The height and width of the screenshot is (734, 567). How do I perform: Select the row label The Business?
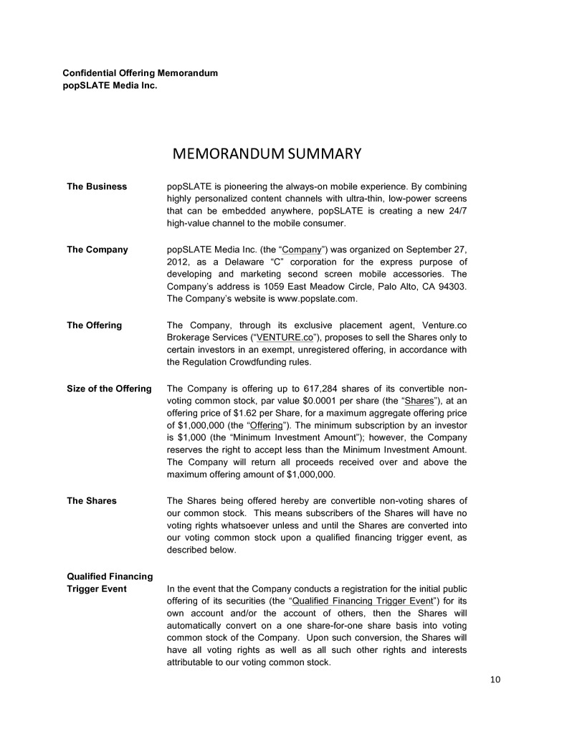click(97, 186)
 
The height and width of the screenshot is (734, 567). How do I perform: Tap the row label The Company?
click(97, 249)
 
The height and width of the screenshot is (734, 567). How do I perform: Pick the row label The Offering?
click(94, 325)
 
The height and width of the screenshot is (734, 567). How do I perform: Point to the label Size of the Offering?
click(109, 389)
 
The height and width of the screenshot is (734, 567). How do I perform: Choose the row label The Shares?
click(92, 500)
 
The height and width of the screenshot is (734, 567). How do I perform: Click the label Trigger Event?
click(97, 588)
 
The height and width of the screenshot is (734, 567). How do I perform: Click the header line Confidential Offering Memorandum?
click(140, 73)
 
